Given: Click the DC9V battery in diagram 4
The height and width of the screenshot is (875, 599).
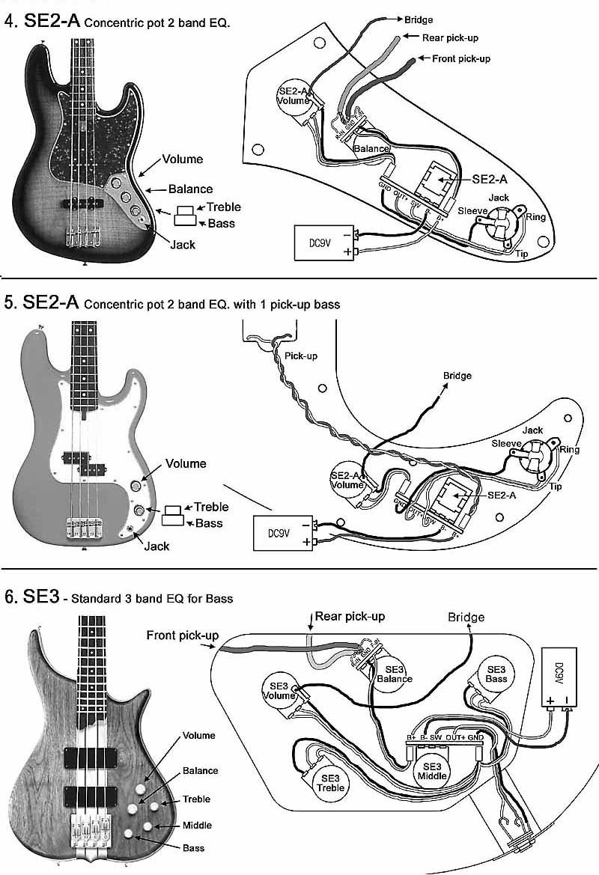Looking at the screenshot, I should click(323, 243).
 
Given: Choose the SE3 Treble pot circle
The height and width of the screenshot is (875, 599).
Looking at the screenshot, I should click(329, 782).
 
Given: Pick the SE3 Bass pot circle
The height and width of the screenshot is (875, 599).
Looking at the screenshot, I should click(496, 674).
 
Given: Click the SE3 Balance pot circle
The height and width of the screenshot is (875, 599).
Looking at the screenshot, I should click(395, 674).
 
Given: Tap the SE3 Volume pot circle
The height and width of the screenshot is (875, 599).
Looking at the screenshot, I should click(279, 688).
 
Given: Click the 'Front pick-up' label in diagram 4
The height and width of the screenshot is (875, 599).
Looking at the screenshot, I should click(461, 58).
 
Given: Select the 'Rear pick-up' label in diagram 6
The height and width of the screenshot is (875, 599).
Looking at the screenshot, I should click(350, 616).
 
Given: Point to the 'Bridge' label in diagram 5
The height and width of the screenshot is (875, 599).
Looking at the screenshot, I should click(457, 375).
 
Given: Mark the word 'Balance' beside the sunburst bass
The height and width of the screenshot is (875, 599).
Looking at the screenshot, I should click(190, 189).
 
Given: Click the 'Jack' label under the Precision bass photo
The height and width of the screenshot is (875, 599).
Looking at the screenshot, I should click(156, 546).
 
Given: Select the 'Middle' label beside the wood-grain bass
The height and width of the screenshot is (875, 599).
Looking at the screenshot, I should click(197, 825).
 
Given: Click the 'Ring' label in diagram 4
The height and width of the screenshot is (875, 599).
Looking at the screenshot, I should click(535, 217).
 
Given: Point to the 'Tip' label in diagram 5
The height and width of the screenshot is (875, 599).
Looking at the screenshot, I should click(555, 487).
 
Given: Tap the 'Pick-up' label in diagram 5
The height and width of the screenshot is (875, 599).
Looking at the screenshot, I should click(302, 356).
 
